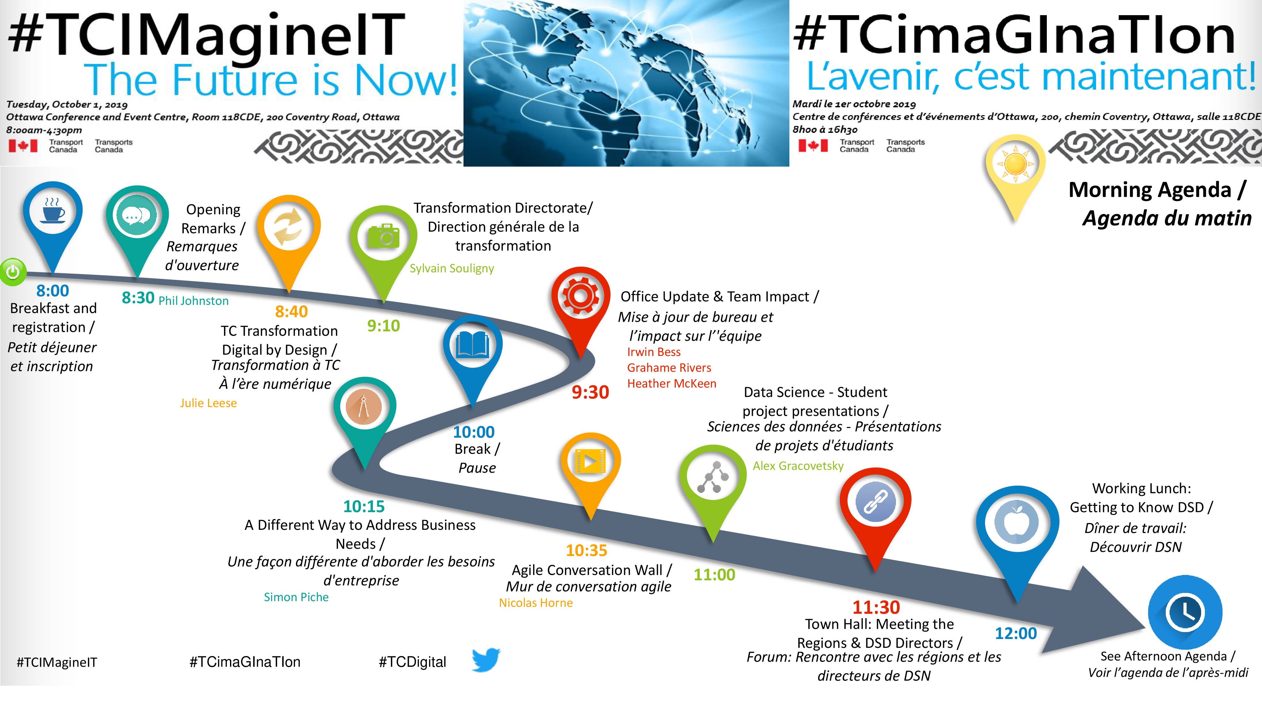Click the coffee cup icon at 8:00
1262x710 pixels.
53,212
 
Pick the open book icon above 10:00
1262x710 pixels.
472,346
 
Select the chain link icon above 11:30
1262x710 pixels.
876,503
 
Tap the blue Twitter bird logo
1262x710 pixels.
486,660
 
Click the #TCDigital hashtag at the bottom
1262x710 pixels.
412,662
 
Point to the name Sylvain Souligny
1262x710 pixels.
452,269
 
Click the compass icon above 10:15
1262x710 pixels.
364,407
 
